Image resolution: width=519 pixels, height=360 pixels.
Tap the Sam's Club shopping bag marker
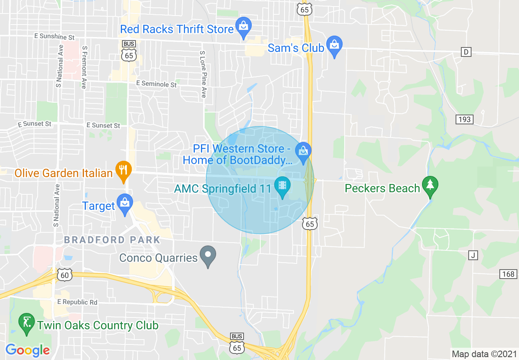point(334,45)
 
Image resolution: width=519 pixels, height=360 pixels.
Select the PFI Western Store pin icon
point(303,152)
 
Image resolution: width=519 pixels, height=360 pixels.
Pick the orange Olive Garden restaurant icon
point(123,170)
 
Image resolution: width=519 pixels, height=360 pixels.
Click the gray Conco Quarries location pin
point(208,256)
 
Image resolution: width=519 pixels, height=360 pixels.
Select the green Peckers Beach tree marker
point(430,186)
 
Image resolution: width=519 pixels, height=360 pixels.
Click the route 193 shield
point(464,119)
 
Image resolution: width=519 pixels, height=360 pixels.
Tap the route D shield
point(465,52)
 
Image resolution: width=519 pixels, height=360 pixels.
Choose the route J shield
point(473,256)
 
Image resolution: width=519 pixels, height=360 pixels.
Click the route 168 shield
point(508,274)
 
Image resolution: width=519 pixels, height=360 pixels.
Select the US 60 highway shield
point(65,275)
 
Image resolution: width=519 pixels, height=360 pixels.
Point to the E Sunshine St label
point(54,37)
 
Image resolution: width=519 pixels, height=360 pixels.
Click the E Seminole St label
point(156,84)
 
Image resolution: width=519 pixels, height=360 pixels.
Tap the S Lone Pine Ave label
point(203,74)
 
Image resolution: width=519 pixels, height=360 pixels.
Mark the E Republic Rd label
point(77,302)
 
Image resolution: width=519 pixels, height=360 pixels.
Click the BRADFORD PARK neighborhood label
point(112,240)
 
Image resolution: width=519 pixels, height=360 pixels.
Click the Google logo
point(27,350)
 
